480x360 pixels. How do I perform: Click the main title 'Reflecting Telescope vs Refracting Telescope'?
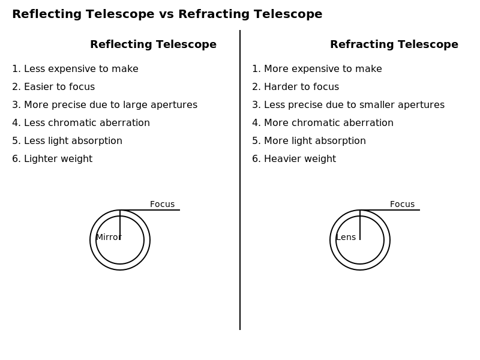pos(167,14)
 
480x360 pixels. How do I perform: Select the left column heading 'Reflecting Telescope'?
pos(154,44)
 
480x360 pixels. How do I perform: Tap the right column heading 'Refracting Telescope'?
pos(394,44)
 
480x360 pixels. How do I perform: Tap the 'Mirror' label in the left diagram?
pos(109,237)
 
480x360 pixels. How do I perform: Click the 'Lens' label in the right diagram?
pos(346,237)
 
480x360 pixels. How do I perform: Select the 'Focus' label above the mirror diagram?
pos(162,204)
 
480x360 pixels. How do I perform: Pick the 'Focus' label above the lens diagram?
pos(402,204)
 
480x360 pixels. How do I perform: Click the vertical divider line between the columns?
pos(240,180)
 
